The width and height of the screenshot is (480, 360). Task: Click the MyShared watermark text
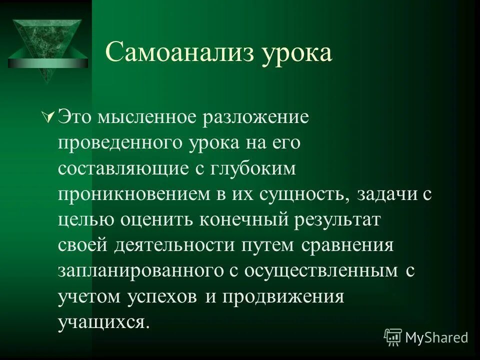point(436,337)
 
